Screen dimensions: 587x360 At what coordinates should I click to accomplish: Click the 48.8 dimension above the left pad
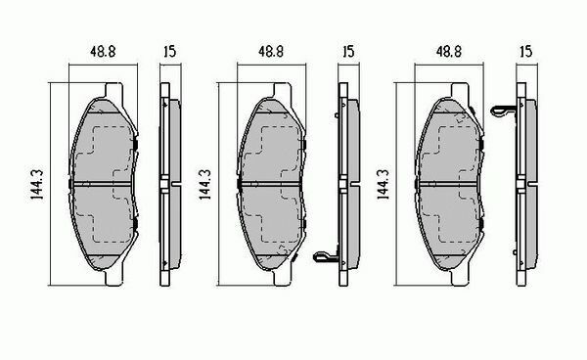click(x=103, y=51)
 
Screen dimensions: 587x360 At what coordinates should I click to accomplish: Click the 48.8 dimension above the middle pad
click(x=271, y=51)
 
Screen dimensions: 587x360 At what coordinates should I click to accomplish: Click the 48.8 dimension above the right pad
click(x=448, y=51)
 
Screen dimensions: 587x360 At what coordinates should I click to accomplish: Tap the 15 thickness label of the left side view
click(x=169, y=51)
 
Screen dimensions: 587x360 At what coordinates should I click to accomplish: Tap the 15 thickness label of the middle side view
click(x=348, y=51)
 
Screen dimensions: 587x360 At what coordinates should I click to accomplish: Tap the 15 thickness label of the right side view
click(x=526, y=51)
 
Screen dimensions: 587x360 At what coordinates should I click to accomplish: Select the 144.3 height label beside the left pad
click(x=37, y=184)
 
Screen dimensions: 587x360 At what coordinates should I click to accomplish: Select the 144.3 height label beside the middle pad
click(x=205, y=184)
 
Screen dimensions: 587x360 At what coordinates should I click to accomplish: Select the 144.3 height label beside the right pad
click(x=383, y=184)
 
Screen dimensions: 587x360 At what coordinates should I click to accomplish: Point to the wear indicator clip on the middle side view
click(x=325, y=256)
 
